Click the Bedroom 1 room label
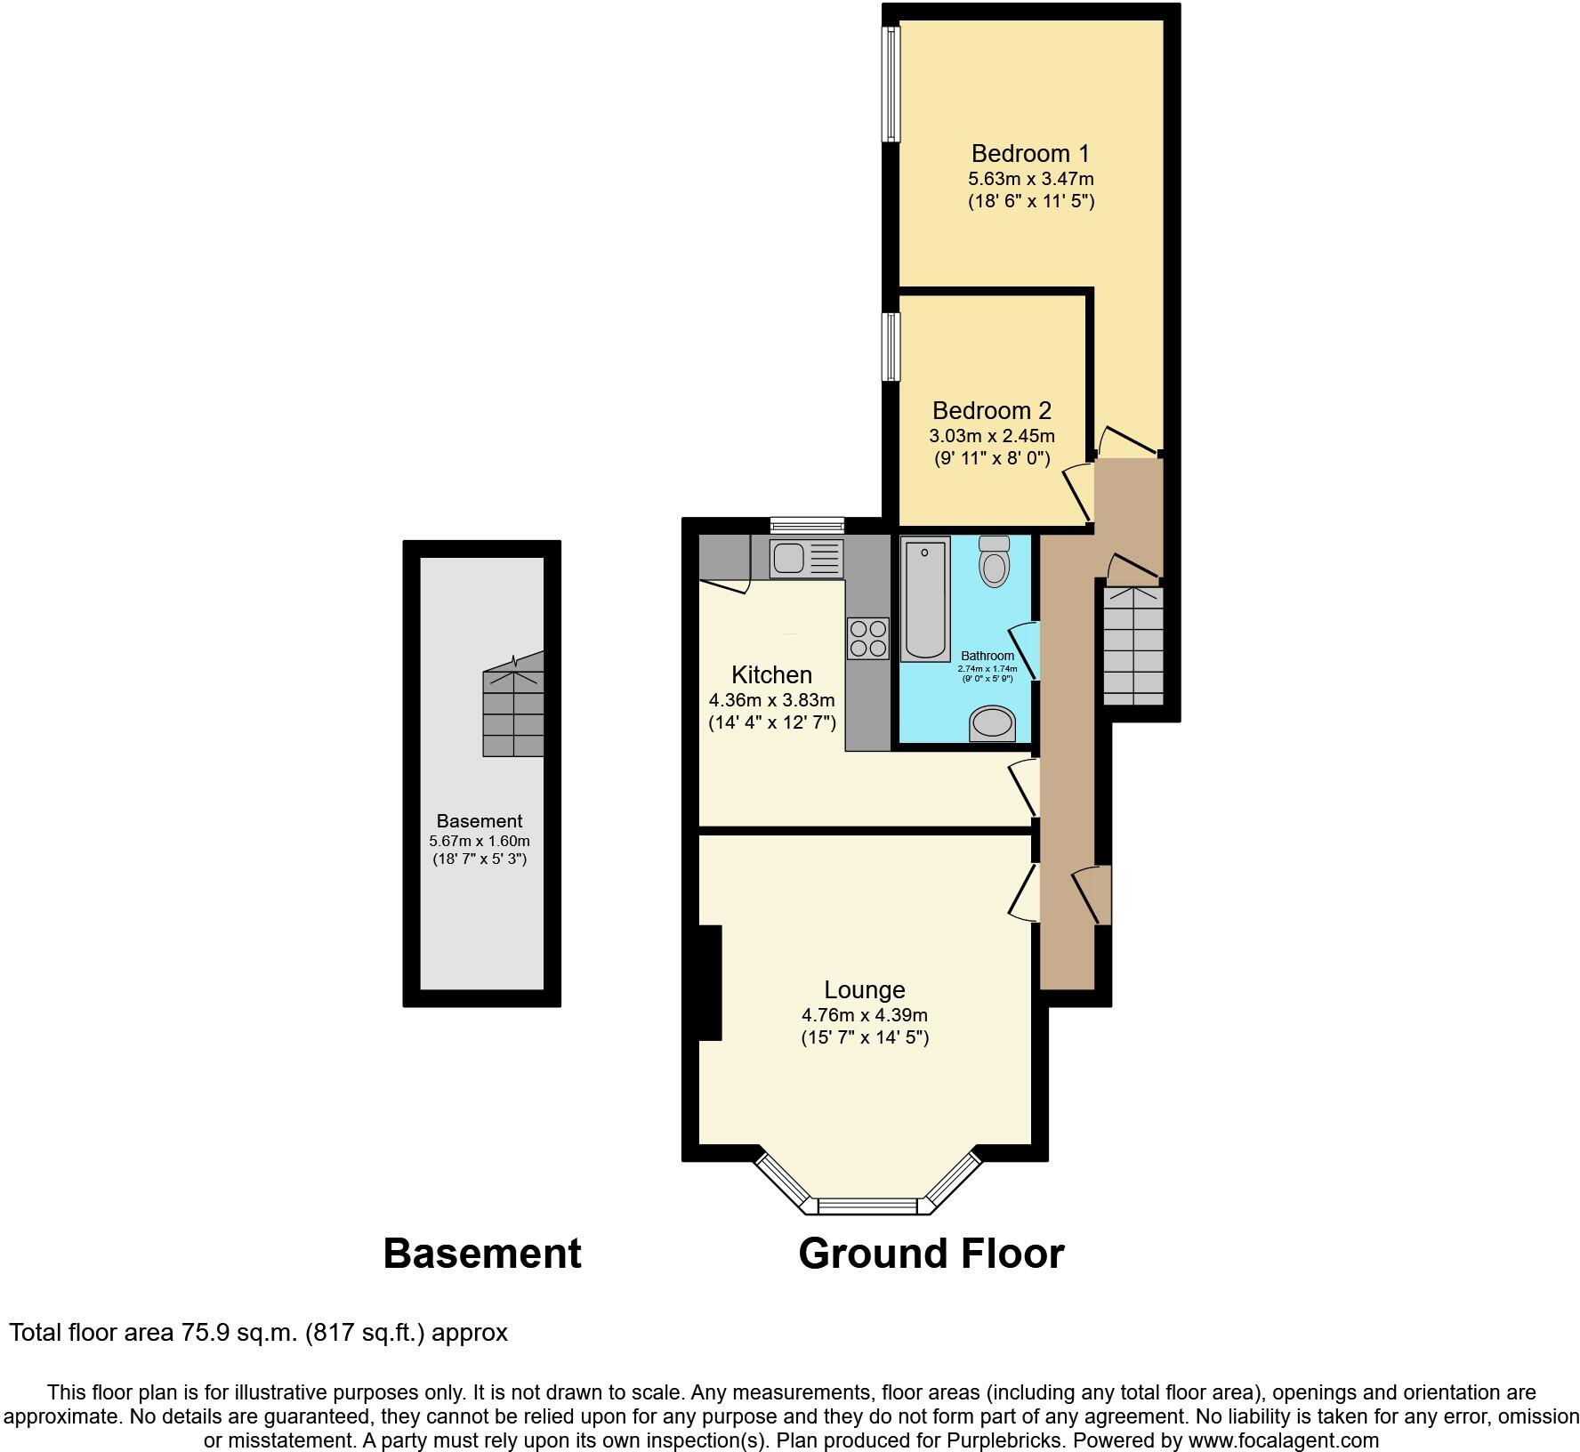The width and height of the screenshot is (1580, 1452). tap(1030, 153)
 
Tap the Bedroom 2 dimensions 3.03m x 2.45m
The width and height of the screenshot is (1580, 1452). tap(992, 436)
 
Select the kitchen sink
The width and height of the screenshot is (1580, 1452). tap(806, 558)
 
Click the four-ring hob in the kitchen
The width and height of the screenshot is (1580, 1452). tap(867, 638)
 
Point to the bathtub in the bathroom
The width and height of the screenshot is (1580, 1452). tap(925, 599)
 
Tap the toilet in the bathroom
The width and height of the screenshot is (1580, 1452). tap(994, 561)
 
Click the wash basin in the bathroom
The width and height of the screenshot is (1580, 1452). tap(992, 723)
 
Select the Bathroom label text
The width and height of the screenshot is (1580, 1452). tap(987, 656)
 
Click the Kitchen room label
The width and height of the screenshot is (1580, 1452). tap(771, 674)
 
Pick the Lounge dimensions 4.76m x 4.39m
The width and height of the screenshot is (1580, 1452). tap(864, 1015)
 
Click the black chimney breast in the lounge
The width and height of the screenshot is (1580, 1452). tap(710, 982)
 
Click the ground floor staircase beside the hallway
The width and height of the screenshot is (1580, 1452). tap(1133, 644)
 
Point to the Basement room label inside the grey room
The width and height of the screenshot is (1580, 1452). tap(479, 821)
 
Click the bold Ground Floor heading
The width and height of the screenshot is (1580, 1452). tap(931, 1254)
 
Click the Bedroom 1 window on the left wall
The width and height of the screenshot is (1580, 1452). tap(891, 83)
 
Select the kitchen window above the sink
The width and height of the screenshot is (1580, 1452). tap(807, 525)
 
